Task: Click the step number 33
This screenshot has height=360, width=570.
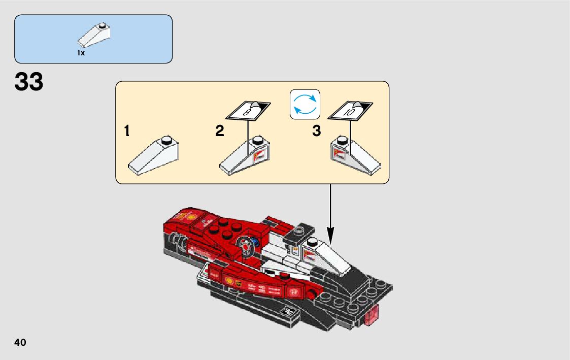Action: point(29,82)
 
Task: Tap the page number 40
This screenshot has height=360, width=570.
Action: point(20,342)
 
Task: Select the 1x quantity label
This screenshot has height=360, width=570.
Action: point(81,53)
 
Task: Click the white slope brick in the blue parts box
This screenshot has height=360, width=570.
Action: point(94,35)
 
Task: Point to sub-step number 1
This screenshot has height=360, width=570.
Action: point(126,132)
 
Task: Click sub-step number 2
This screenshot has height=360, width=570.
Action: point(219,132)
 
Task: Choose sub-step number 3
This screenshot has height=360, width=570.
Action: point(317,132)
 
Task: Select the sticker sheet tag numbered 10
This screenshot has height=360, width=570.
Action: point(350,111)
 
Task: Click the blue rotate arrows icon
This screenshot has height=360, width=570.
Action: point(305,105)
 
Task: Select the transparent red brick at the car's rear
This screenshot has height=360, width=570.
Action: point(373,315)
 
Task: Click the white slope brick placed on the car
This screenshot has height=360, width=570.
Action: point(325,254)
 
